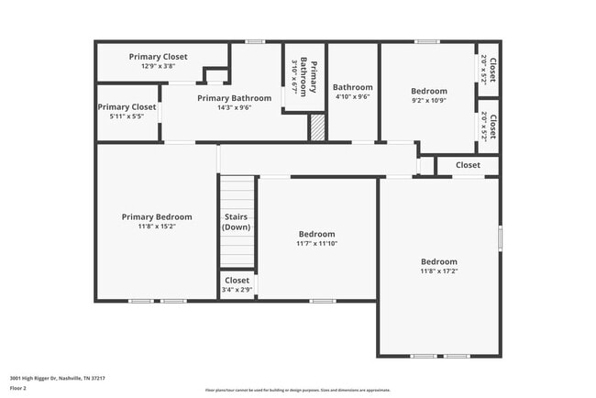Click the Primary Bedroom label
(157, 217)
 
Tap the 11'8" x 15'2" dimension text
(157, 227)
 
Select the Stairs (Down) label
(237, 222)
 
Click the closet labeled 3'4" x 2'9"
(237, 285)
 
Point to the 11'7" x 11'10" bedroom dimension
(315, 244)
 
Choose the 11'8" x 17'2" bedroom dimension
(438, 271)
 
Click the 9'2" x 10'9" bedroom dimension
(428, 101)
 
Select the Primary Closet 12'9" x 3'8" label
(158, 61)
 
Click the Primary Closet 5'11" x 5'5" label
(127, 112)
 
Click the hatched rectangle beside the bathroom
(316, 127)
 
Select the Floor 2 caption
(18, 388)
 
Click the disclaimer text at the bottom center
(297, 390)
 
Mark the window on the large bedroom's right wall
(500, 238)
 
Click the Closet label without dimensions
(468, 165)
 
